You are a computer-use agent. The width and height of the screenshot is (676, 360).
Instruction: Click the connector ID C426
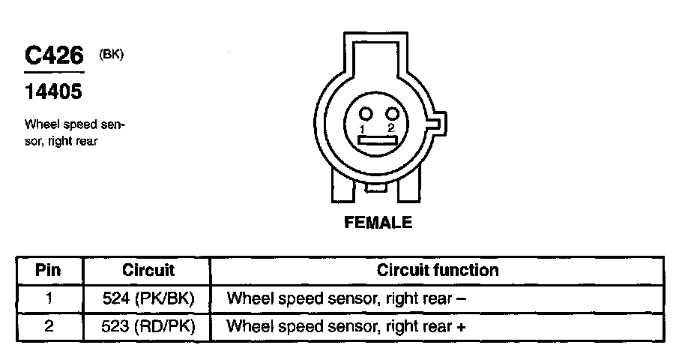tap(53, 56)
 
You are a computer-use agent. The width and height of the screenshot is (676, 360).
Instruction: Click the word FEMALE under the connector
tap(378, 222)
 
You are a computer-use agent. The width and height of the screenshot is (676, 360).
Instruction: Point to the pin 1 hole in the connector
tap(366, 114)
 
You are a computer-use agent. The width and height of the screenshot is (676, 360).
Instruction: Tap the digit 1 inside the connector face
tap(362, 130)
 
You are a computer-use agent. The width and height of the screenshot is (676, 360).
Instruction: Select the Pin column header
tap(48, 270)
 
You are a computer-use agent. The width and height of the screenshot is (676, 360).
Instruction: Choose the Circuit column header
tap(148, 270)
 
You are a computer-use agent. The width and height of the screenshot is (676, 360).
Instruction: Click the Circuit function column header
tap(438, 270)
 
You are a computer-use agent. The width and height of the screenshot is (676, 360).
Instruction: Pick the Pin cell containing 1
tap(48, 298)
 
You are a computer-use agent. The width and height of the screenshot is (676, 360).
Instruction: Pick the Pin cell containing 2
tap(48, 327)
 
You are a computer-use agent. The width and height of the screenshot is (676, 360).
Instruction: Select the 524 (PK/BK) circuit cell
tap(148, 298)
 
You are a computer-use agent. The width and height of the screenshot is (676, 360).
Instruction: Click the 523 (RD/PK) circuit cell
tap(148, 327)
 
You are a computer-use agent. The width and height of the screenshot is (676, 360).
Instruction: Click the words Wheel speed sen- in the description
tap(74, 124)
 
